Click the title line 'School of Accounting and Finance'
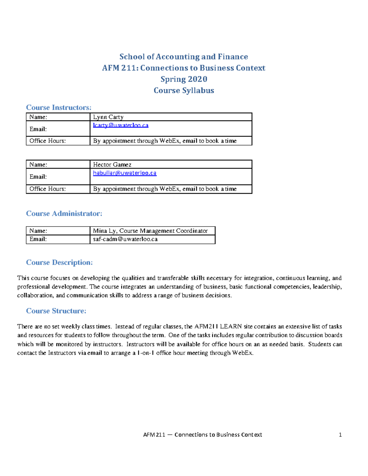coord(183,57)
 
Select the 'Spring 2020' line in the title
coord(184,79)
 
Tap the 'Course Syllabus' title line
coord(184,90)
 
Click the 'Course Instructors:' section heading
coord(59,108)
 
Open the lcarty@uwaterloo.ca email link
coord(121,125)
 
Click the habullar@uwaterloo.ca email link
coord(125,173)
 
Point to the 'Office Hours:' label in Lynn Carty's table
coord(48,141)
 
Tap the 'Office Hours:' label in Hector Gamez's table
coord(48,189)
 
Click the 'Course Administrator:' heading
coord(64,214)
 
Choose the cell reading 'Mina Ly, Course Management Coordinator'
coord(150,231)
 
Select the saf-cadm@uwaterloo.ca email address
coord(125,239)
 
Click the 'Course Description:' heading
coord(59,262)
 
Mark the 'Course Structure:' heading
coord(56,311)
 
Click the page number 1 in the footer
coord(340,435)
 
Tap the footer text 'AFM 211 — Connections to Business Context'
coord(202,435)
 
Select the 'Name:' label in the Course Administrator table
coord(38,231)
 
